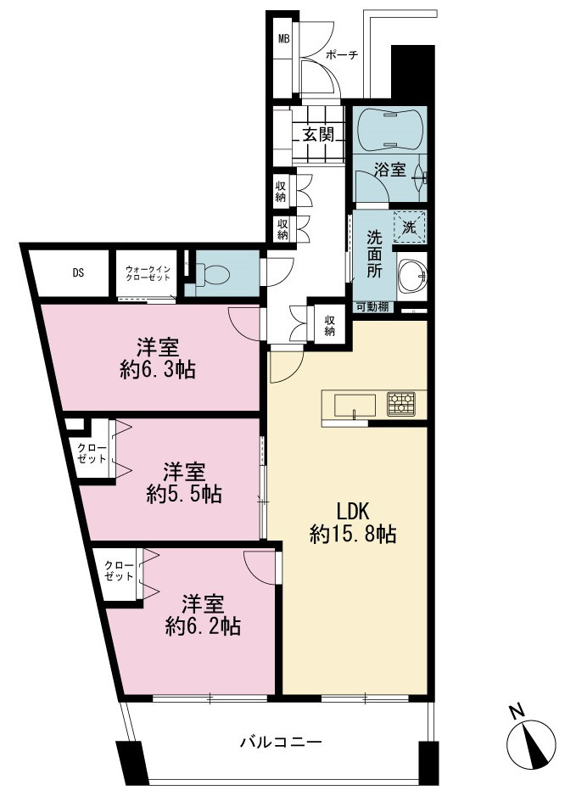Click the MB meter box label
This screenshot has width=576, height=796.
pyautogui.click(x=283, y=38)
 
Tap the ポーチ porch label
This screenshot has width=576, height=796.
pyautogui.click(x=342, y=55)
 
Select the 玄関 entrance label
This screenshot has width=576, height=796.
pyautogui.click(x=318, y=135)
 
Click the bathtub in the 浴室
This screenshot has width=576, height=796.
pyautogui.click(x=389, y=129)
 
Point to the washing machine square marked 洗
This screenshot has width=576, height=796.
pyautogui.click(x=409, y=228)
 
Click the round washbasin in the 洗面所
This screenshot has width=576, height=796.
pyautogui.click(x=412, y=277)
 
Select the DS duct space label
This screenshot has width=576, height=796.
pyautogui.click(x=78, y=273)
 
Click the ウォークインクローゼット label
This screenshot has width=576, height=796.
pyautogui.click(x=148, y=273)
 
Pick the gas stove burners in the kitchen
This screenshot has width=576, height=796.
pyautogui.click(x=401, y=404)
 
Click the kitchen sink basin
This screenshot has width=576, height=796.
pyautogui.click(x=355, y=405)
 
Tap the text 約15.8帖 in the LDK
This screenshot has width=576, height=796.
pyautogui.click(x=353, y=534)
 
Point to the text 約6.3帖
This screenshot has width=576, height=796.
pyautogui.click(x=158, y=370)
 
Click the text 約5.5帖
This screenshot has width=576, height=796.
pyautogui.click(x=184, y=493)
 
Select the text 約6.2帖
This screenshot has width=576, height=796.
pyautogui.click(x=203, y=626)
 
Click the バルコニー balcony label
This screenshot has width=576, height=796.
pyautogui.click(x=281, y=743)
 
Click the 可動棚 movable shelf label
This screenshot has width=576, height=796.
pyautogui.click(x=372, y=306)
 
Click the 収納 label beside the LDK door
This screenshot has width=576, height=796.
pyautogui.click(x=329, y=326)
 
